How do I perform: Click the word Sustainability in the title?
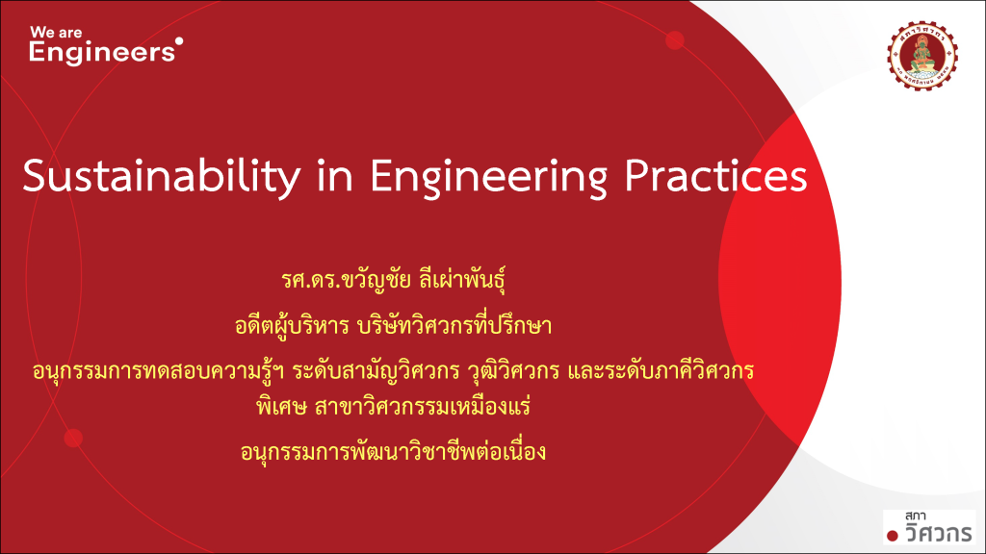click(162, 177)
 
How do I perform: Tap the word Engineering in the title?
click(488, 177)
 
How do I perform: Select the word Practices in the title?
click(715, 176)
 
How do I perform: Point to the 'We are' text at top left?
click(56, 32)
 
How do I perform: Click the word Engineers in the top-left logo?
click(102, 53)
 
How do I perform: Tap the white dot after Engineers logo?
click(179, 41)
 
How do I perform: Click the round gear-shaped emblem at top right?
click(922, 56)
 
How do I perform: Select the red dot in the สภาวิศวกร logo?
click(893, 535)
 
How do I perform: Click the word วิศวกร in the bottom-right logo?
click(939, 533)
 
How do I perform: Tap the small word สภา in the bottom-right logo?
click(915, 516)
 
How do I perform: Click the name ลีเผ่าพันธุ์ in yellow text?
click(462, 279)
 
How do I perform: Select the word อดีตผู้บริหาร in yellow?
click(292, 325)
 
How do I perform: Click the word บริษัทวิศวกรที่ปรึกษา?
click(454, 325)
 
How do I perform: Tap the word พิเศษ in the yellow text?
click(281, 407)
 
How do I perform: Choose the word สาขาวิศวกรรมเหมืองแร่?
click(423, 407)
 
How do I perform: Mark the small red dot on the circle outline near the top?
click(675, 40)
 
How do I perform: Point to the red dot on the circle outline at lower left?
click(73, 438)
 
